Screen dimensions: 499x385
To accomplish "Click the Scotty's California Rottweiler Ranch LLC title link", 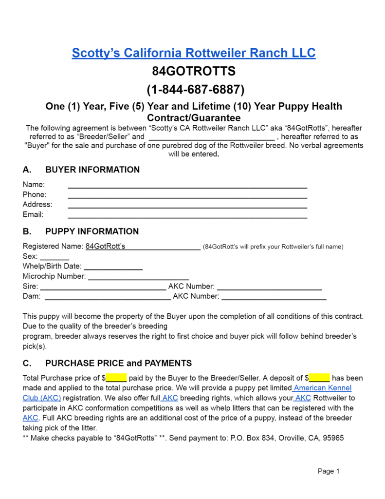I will pos(193,53).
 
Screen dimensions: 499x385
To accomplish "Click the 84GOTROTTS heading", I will pos(194,71).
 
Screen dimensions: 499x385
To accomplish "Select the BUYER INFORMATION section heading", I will pos(92,170).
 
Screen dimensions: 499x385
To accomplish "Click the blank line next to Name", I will pos(187,186).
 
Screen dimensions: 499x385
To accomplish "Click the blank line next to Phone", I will pos(187,196).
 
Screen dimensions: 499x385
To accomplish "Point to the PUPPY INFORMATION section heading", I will pos(92,231).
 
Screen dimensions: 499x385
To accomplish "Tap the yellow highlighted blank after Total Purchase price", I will pos(116,378).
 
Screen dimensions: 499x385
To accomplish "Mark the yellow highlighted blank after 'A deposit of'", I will pos(319,378).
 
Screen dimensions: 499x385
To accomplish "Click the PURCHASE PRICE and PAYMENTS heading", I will pos(118,363).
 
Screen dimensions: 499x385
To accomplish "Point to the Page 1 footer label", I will pos(329,471).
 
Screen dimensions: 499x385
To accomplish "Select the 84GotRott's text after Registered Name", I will pos(105,247).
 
